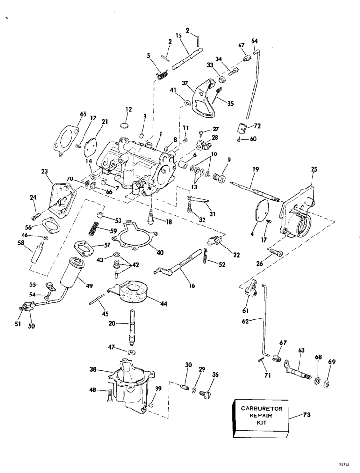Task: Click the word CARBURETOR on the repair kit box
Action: click(x=262, y=408)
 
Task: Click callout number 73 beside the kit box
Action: click(x=306, y=414)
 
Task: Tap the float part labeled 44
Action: click(x=130, y=291)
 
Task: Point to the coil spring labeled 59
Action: click(x=94, y=229)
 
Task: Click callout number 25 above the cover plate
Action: click(x=314, y=169)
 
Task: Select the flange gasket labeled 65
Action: click(x=67, y=140)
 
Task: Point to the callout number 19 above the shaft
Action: click(x=255, y=170)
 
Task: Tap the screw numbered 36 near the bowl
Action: click(x=205, y=393)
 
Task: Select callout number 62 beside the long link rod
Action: click(x=245, y=321)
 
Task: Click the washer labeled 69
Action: click(x=326, y=384)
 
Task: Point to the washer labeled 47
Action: click(x=131, y=352)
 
